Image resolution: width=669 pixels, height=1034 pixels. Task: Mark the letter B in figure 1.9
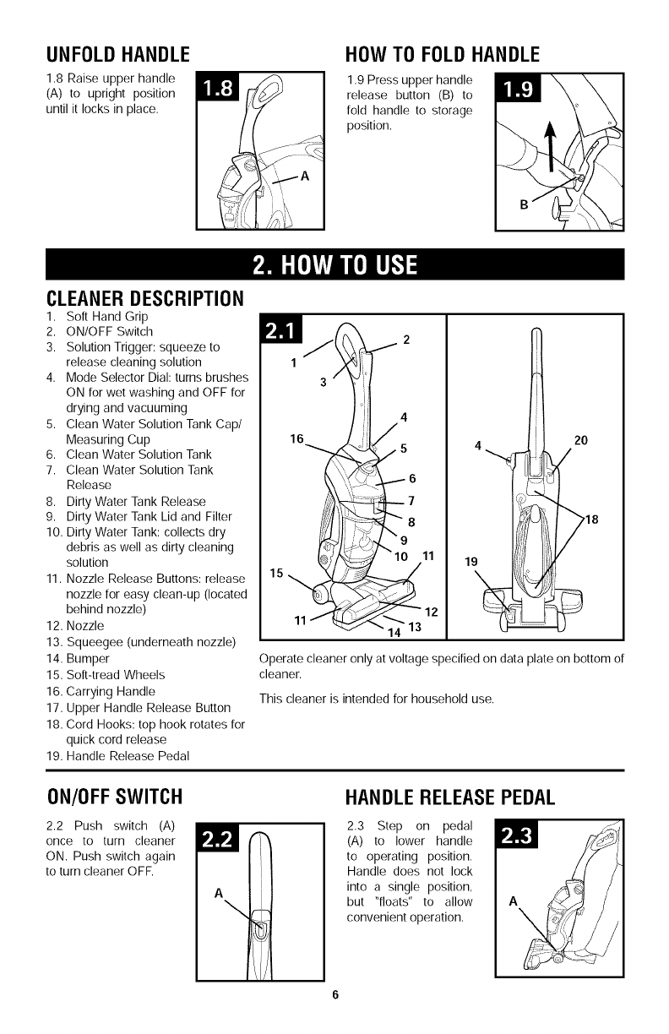coord(525,204)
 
